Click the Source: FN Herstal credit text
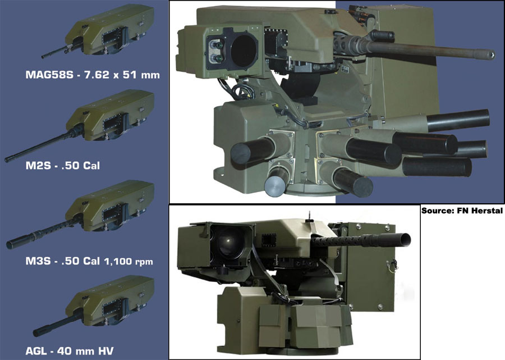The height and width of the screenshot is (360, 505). [x=462, y=211]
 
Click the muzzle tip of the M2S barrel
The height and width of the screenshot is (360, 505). [x=7, y=160]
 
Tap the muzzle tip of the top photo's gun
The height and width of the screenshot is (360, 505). [x=493, y=54]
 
